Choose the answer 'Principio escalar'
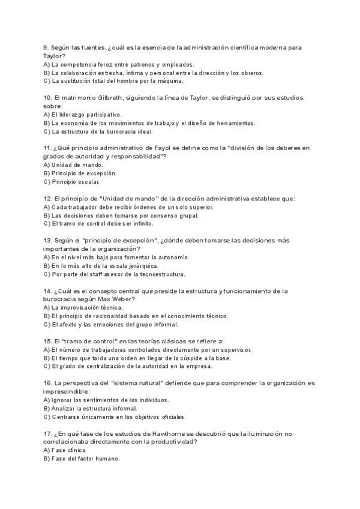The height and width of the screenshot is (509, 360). coord(76,181)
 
